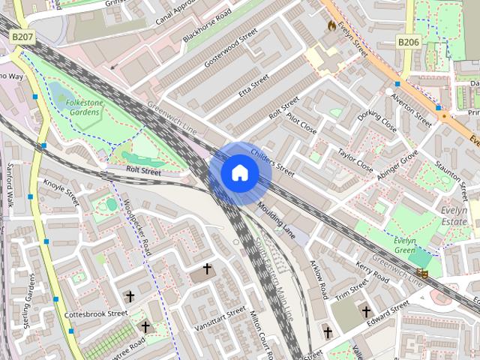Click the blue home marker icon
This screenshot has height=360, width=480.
(239, 172)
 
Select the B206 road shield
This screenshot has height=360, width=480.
(408, 42)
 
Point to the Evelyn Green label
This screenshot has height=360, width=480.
(405, 245)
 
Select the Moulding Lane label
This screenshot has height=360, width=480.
(274, 217)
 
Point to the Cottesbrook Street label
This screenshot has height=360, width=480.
(96, 313)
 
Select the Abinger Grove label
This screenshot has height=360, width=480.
(397, 166)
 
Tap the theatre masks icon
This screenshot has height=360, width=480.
(424, 274)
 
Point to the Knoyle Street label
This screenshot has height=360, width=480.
(61, 193)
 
